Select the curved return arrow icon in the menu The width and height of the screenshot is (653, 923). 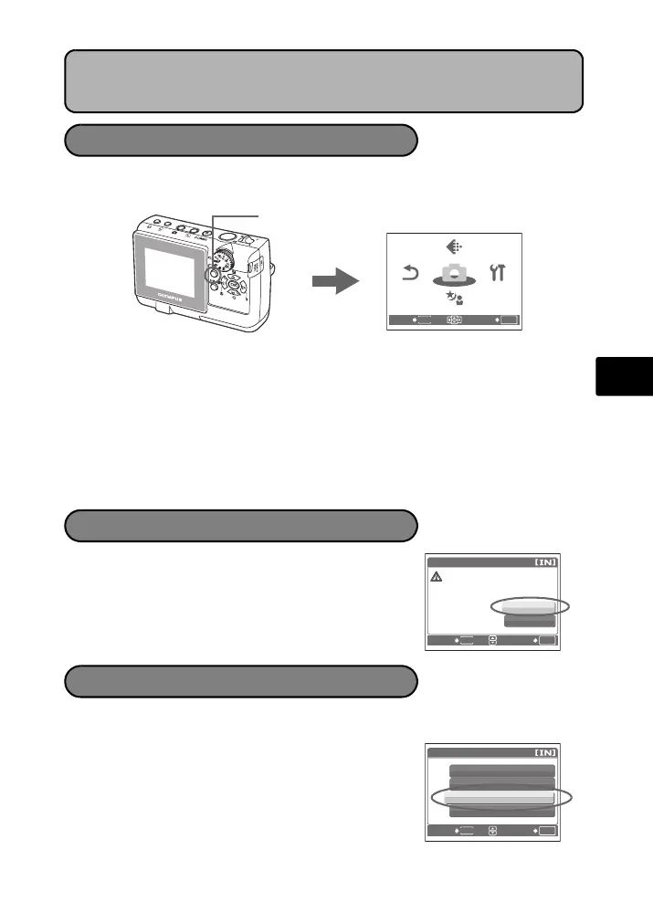(411, 273)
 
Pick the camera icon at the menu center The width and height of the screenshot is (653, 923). (454, 274)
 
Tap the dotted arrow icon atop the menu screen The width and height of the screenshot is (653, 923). (454, 246)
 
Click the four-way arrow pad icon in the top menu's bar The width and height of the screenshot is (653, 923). (454, 320)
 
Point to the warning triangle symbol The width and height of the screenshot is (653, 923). (437, 578)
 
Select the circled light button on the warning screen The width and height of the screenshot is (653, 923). (529, 605)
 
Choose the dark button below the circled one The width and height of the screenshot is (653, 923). (529, 621)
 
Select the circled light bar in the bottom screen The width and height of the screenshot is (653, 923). (500, 797)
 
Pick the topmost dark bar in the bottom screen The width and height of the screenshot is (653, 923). (501, 771)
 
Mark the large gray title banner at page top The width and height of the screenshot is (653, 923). (324, 80)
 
